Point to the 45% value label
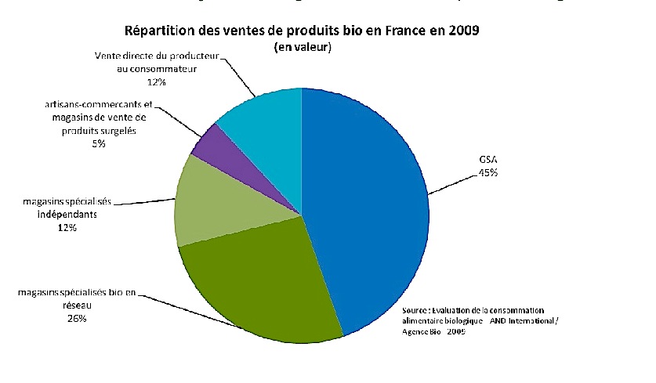tap(489, 173)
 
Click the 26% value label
tap(76, 319)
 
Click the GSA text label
tap(489, 159)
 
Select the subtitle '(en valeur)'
tap(303, 48)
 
